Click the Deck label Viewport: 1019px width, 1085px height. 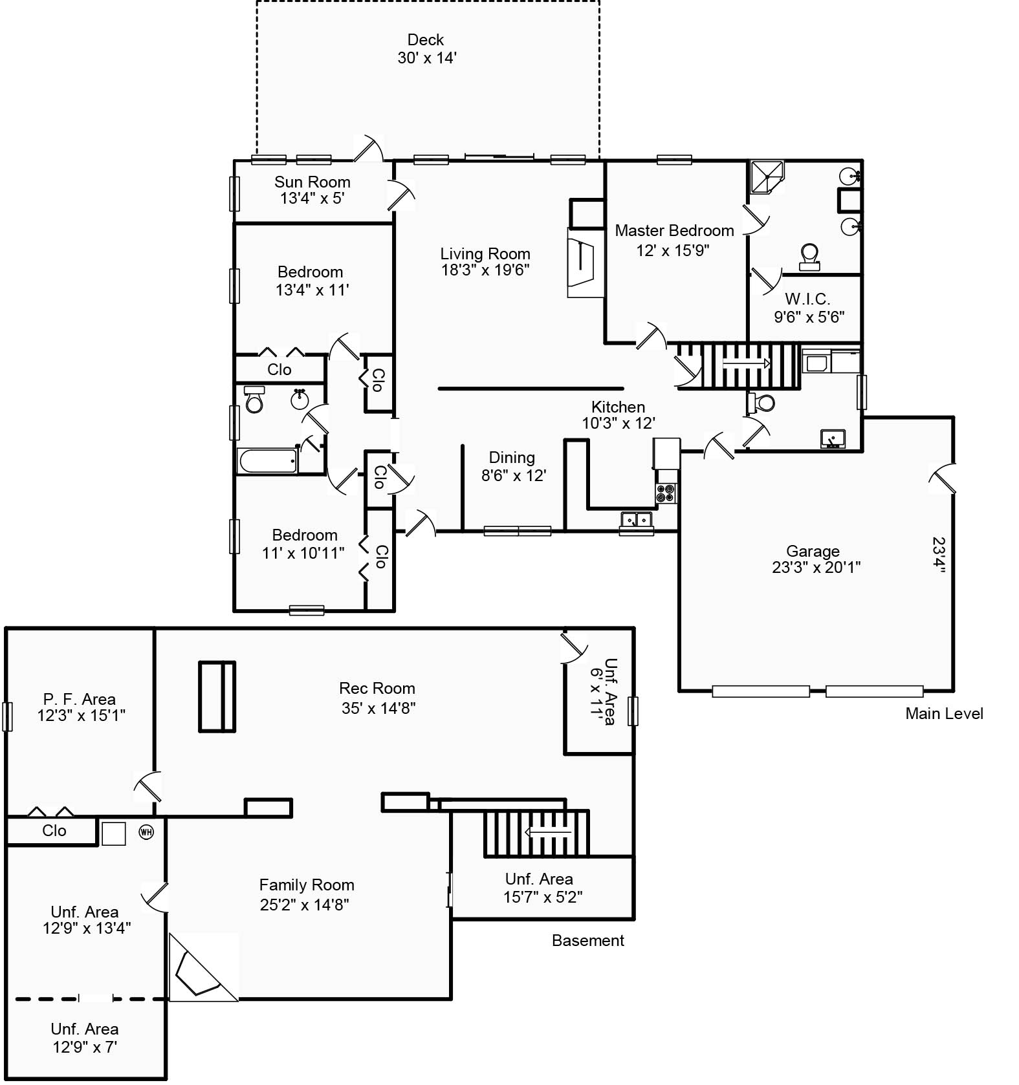click(x=426, y=39)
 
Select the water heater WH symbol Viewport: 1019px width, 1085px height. click(x=146, y=832)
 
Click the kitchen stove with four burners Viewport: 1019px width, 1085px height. click(x=666, y=493)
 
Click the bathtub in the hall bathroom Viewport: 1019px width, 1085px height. click(x=268, y=461)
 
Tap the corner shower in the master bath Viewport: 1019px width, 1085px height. click(x=767, y=177)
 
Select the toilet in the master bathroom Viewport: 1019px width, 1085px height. click(x=809, y=257)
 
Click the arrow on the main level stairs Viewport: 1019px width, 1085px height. click(x=746, y=363)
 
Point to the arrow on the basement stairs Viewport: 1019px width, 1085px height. click(x=549, y=832)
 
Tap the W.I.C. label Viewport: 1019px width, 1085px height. click(x=807, y=299)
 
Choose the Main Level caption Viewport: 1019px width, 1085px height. click(x=944, y=713)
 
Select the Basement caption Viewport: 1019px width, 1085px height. click(x=588, y=940)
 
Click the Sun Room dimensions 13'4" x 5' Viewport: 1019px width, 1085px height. click(x=312, y=198)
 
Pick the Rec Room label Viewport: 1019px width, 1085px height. click(x=377, y=688)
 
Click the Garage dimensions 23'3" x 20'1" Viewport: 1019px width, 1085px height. click(x=816, y=567)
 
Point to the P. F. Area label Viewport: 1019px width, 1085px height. click(x=80, y=699)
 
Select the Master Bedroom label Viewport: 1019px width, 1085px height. click(x=674, y=230)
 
